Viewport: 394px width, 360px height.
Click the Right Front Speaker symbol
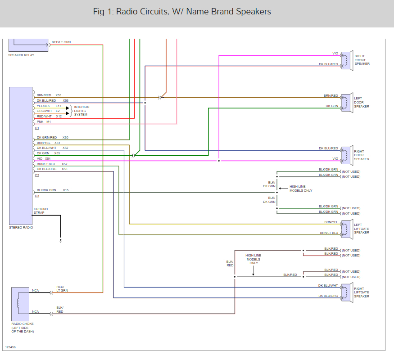tap(346, 60)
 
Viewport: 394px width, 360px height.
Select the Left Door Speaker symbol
tap(346, 103)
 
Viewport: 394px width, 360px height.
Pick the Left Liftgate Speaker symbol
tap(346, 229)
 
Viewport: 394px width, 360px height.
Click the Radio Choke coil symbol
tap(18, 302)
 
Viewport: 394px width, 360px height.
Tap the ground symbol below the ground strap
tap(61, 241)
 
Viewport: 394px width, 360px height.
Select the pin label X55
tap(58, 95)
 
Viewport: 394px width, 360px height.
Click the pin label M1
tap(49, 121)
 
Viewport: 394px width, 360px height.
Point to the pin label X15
tap(66, 190)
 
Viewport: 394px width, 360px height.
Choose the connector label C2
tap(37, 175)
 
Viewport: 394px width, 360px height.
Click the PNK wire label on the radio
tap(40, 121)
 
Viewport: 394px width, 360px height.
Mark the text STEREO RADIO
tap(21, 228)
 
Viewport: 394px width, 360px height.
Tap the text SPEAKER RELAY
tap(21, 55)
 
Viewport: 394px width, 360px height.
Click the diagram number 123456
tap(10, 347)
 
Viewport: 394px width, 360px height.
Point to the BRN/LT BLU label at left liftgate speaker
tap(329, 233)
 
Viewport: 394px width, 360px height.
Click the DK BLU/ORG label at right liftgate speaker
tap(328, 296)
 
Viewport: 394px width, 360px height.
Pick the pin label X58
tap(64, 169)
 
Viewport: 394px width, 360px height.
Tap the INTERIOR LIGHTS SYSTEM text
tap(82, 111)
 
